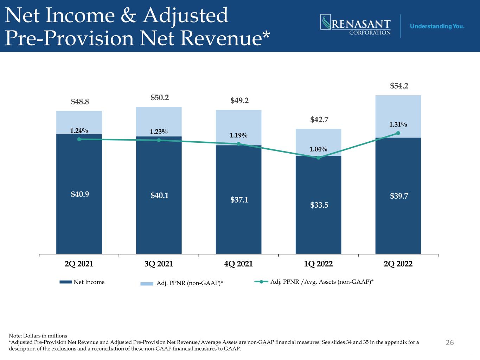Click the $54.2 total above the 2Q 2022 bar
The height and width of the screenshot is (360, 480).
399,86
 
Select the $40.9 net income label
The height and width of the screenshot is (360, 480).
80,194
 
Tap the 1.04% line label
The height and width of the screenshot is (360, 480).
318,149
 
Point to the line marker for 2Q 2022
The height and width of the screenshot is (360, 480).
398,133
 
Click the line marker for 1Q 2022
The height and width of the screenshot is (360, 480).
318,158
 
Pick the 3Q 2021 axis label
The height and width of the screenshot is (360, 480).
159,264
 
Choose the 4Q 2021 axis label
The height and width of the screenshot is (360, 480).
238,264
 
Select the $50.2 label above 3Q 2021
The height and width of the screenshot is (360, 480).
160,97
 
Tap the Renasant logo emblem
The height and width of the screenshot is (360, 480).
326,22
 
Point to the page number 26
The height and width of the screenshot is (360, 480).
450,342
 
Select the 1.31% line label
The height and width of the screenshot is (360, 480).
398,124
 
